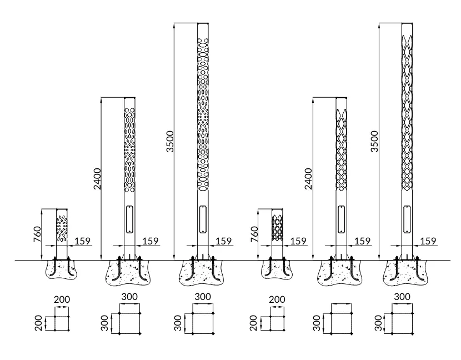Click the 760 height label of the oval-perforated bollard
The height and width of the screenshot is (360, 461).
tap(37, 234)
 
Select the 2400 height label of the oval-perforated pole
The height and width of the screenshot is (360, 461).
tap(97, 179)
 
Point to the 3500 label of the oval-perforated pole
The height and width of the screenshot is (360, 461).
tap(170, 142)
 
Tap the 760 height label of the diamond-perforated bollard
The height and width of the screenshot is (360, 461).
tap(254, 234)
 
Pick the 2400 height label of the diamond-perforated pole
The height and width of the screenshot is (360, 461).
tap(308, 179)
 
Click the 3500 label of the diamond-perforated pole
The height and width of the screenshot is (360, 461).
tap(374, 142)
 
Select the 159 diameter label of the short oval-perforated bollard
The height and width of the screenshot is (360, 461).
tap(82, 241)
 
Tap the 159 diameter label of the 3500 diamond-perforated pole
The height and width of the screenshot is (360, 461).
tap(428, 241)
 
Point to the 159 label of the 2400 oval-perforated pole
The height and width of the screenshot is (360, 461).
tap(151, 241)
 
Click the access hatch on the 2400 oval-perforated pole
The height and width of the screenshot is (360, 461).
tap(129, 219)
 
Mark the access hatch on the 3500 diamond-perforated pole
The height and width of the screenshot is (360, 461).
tap(407, 219)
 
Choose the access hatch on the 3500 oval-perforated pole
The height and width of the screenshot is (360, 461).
tap(203, 219)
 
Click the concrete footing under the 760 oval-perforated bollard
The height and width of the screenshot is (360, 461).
tap(62, 269)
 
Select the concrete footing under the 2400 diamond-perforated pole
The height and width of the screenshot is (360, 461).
tap(340, 273)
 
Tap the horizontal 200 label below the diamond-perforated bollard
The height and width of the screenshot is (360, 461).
tap(277, 299)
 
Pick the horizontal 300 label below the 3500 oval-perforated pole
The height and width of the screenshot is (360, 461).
tap(203, 297)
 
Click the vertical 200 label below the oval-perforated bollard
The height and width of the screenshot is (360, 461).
tap(39, 323)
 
